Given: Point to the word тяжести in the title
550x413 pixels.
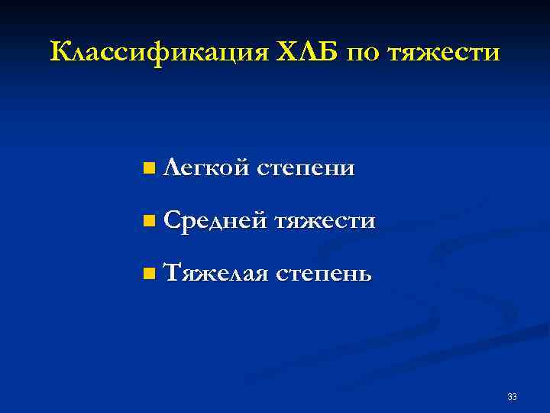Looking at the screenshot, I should tap(444, 54).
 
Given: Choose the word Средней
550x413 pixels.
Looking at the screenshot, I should tap(215, 222).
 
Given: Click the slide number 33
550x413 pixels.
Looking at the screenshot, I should tap(512, 396).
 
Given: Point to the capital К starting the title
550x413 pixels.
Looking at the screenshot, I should tap(60, 53).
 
